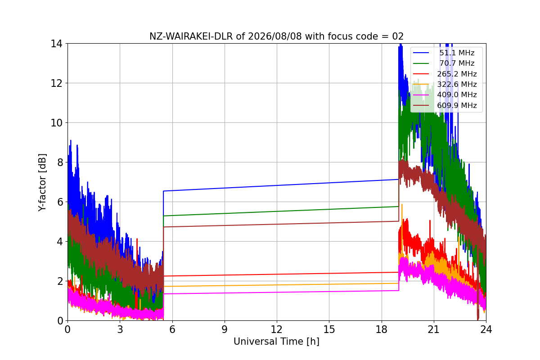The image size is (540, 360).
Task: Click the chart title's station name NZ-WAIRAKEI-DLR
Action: (x=191, y=36)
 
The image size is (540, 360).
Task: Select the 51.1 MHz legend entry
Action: (x=444, y=53)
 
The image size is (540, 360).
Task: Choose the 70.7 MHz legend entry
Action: (x=444, y=63)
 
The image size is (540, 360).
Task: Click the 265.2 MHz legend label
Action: (x=457, y=74)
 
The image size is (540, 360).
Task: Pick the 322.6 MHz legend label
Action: (x=457, y=84)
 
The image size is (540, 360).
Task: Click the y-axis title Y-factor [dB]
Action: (x=42, y=183)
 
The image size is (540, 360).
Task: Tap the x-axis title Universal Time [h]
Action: (x=276, y=342)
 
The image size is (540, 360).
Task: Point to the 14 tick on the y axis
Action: (x=56, y=44)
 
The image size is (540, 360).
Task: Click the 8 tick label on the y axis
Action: (x=60, y=162)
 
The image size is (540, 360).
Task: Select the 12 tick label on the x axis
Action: (x=276, y=329)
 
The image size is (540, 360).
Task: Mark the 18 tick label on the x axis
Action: (x=382, y=329)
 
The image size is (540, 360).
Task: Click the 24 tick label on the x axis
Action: (x=486, y=329)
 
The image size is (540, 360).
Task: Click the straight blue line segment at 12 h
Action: (x=277, y=186)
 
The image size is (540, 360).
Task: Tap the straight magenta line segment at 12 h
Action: (x=277, y=292)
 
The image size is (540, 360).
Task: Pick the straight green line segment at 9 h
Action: (x=225, y=213)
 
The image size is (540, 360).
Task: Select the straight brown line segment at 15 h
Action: (x=329, y=223)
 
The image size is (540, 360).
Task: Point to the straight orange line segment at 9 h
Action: (x=225, y=286)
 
